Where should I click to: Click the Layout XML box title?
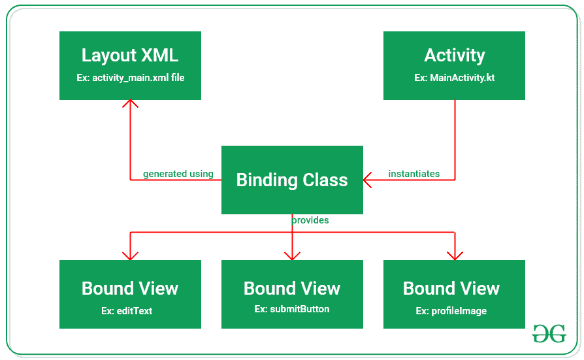pyautogui.click(x=130, y=56)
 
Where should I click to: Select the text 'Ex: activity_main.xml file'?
pyautogui.click(x=130, y=78)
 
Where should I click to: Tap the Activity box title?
pyautogui.click(x=454, y=56)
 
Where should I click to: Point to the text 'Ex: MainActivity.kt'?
pyautogui.click(x=454, y=78)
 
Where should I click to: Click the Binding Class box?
pyautogui.click(x=292, y=180)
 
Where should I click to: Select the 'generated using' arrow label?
pyautogui.click(x=178, y=174)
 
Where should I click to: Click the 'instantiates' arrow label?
pyautogui.click(x=414, y=174)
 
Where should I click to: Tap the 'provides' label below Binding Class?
pyautogui.click(x=310, y=220)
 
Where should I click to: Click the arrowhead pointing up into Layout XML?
pyautogui.click(x=131, y=104)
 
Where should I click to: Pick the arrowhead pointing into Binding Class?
pyautogui.click(x=368, y=180)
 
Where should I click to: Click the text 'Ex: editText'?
pyautogui.click(x=127, y=311)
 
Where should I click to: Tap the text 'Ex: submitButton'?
pyautogui.click(x=292, y=309)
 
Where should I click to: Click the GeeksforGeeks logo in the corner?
pyautogui.click(x=549, y=334)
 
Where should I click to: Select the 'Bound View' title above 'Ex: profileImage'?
pyautogui.click(x=451, y=288)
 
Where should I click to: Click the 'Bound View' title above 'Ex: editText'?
pyautogui.click(x=130, y=288)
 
